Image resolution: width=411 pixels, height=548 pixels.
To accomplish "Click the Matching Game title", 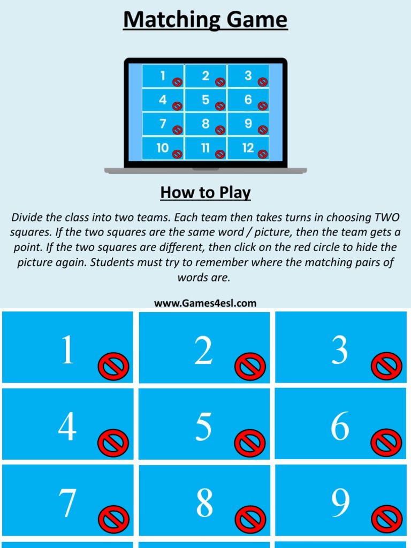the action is pyautogui.click(x=205, y=20).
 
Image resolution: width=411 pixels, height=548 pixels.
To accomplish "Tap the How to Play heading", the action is pyautogui.click(x=205, y=192).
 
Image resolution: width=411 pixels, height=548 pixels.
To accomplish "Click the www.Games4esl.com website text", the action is pyautogui.click(x=205, y=303).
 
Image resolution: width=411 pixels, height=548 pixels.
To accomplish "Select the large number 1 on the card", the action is pyautogui.click(x=67, y=350).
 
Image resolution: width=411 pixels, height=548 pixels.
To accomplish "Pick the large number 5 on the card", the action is pyautogui.click(x=203, y=427).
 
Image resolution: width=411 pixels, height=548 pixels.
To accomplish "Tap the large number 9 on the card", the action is pyautogui.click(x=340, y=503).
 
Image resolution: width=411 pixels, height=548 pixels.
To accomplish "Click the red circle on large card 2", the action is pyautogui.click(x=250, y=367).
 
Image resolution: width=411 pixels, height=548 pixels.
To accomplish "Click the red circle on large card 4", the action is pyautogui.click(x=113, y=443).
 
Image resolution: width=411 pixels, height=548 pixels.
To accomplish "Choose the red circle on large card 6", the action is pyautogui.click(x=386, y=443).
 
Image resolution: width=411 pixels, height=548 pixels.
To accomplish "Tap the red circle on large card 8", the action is pyautogui.click(x=250, y=520).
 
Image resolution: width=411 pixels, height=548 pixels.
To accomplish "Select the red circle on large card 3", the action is pyautogui.click(x=386, y=367).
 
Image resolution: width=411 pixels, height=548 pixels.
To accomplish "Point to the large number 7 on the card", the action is pyautogui.click(x=67, y=503).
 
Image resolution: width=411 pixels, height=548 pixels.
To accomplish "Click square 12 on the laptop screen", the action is pyautogui.click(x=248, y=148).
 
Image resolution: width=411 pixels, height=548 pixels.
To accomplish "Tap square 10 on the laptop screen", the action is pyautogui.click(x=163, y=148).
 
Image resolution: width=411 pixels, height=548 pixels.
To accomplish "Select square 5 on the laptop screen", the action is pyautogui.click(x=206, y=100).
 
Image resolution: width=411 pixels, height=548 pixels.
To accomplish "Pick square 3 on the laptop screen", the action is pyautogui.click(x=248, y=76).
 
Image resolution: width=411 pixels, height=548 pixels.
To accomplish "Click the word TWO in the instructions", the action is pyautogui.click(x=386, y=217).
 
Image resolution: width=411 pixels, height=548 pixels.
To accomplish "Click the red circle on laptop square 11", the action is pyautogui.click(x=220, y=154).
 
